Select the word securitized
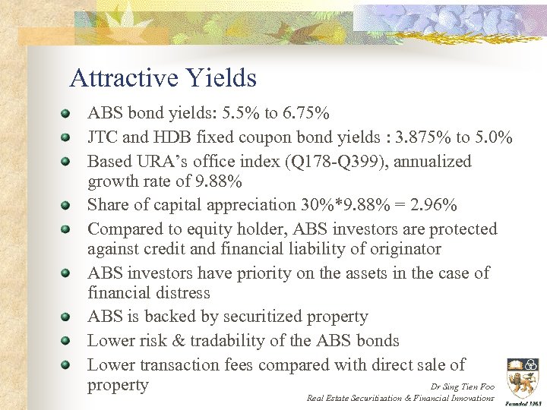255,317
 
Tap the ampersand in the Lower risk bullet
175,341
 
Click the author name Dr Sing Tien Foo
462,386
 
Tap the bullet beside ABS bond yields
68,115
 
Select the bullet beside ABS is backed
68,317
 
